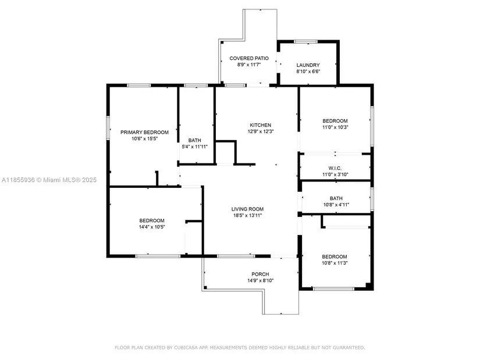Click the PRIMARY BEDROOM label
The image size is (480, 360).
pos(144,132)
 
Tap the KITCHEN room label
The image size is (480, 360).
pos(260,125)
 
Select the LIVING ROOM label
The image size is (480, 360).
pos(248,209)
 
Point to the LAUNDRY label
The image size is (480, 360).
pos(308,65)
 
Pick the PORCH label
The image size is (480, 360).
pos(259,274)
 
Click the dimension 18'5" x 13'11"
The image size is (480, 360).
pos(248,216)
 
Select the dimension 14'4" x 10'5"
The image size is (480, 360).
pos(152,227)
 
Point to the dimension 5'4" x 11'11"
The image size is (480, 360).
pos(195,147)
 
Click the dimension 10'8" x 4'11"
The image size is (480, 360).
pos(336,205)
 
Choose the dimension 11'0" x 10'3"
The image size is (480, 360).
pos(335,127)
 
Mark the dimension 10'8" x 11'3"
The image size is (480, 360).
pos(335,263)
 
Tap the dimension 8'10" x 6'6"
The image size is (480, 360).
pos(308,72)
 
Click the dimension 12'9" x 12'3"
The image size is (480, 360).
pos(260,132)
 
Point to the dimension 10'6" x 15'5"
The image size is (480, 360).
pos(144,139)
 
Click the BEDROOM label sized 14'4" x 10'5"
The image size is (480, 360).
pos(152,220)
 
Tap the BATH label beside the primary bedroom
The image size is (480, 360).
pos(195,140)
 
